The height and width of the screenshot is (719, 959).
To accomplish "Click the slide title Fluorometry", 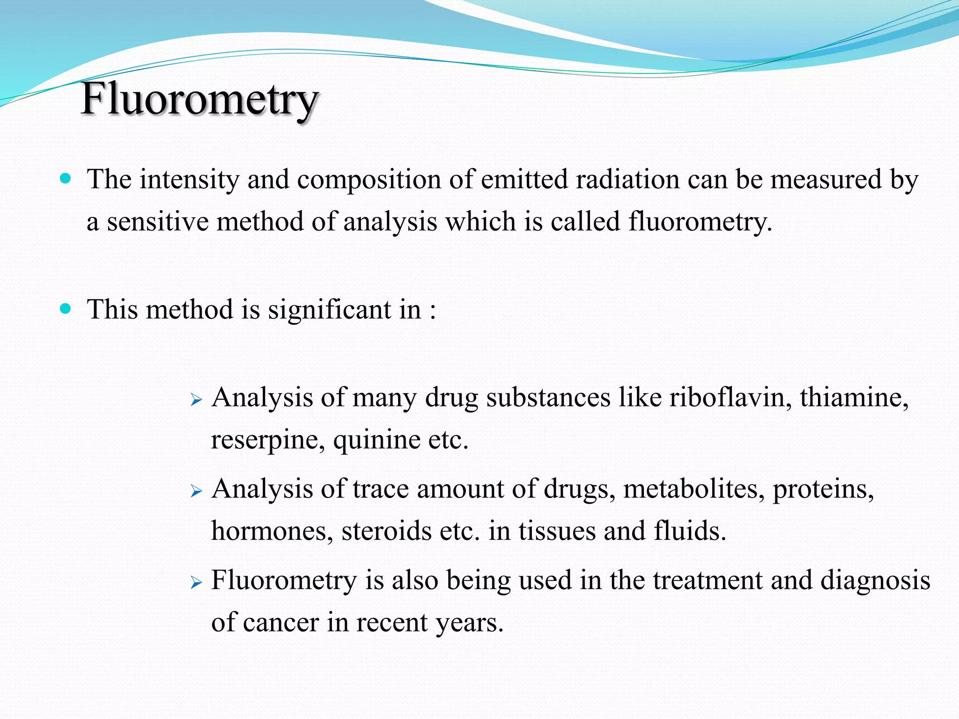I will pos(200,99).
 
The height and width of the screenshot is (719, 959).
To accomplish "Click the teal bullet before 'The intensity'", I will pos(66,178).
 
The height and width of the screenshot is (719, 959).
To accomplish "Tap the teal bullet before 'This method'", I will pos(66,308).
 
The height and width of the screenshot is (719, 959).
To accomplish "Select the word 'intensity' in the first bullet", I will pos(189,179).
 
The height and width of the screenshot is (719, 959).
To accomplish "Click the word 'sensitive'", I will pos(158,221).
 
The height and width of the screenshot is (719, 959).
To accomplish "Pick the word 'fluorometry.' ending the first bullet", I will pos(700,221).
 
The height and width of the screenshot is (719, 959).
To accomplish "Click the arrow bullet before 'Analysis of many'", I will pos(196,400).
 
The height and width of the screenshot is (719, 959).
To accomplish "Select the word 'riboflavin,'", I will pos(730,397).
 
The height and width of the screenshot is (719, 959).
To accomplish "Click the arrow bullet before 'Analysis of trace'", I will pos(196,491).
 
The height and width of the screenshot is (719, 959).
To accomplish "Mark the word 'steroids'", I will pos(386,531).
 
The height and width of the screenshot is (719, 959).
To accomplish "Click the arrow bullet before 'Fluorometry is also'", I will pos(196,582).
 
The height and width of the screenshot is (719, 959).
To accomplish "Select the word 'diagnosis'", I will pos(875,580).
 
